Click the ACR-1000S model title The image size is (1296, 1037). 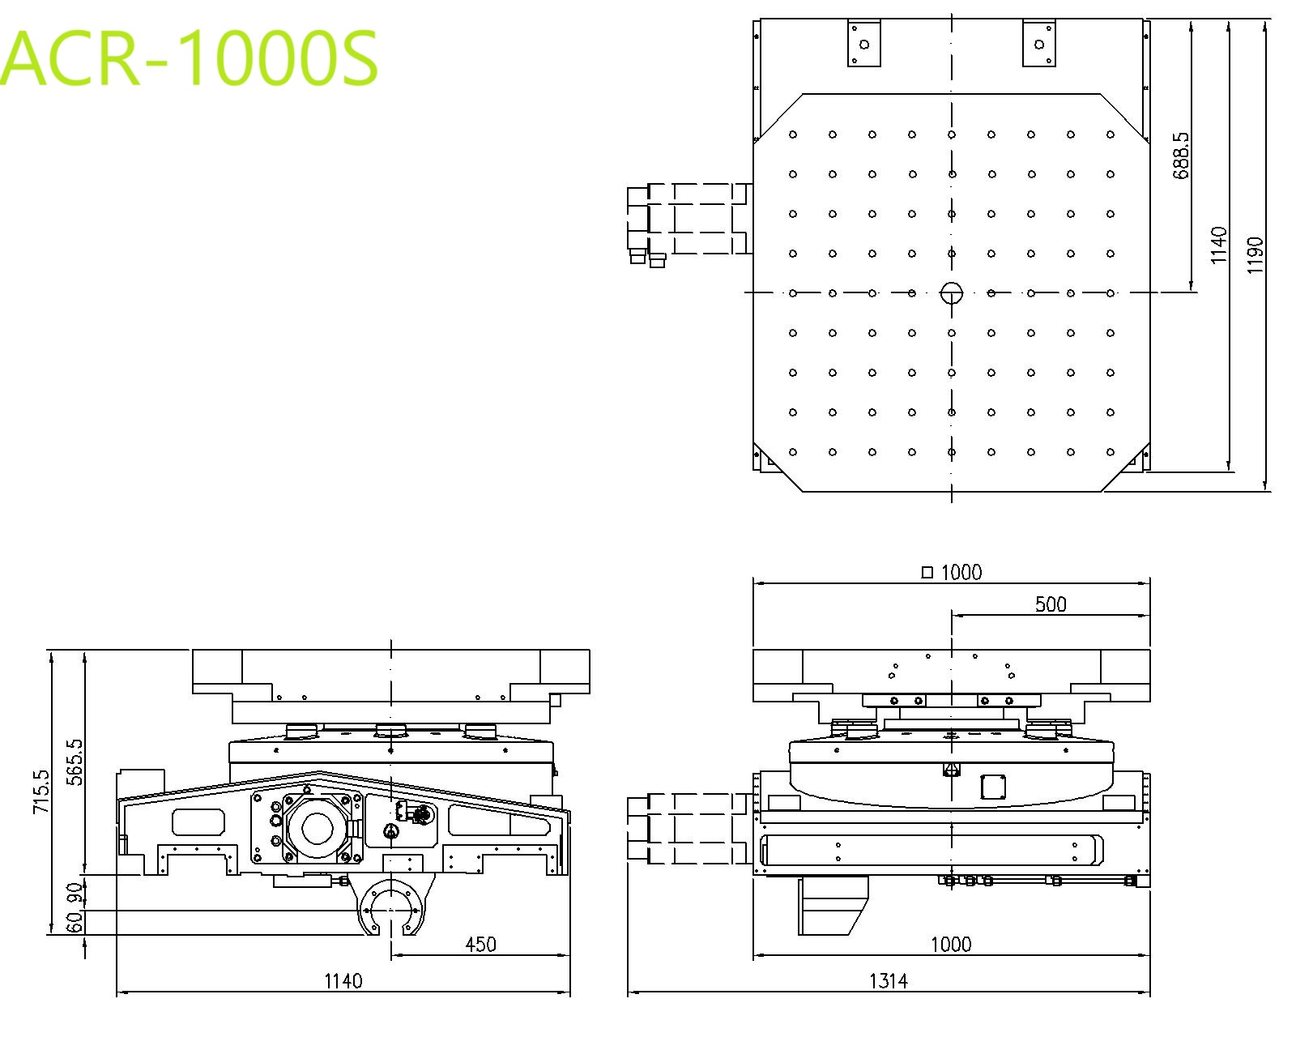pos(188,58)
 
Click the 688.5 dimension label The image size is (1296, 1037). pos(1182,156)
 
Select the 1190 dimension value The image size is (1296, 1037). pos(1255,255)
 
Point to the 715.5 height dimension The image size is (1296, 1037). pos(41,792)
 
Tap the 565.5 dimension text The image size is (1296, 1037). pos(76,762)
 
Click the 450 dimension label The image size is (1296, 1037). pos(480,944)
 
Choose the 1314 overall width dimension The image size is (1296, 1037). pos(889,982)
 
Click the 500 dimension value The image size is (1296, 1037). pos(1051,604)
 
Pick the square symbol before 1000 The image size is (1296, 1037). pos(927,572)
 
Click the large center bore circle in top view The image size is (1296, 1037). pos(952,292)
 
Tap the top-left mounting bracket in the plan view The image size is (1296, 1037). pos(864,43)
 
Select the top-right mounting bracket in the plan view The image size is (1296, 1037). pos(1039,43)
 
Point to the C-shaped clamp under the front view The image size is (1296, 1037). pos(391,907)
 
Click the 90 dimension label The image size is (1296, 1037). pos(75,892)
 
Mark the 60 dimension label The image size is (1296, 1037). pos(75,922)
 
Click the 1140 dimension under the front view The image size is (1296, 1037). pos(343,982)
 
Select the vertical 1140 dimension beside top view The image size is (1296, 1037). pos(1218,245)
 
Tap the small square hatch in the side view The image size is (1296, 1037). pos(993,787)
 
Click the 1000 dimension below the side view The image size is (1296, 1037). pos(951,944)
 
